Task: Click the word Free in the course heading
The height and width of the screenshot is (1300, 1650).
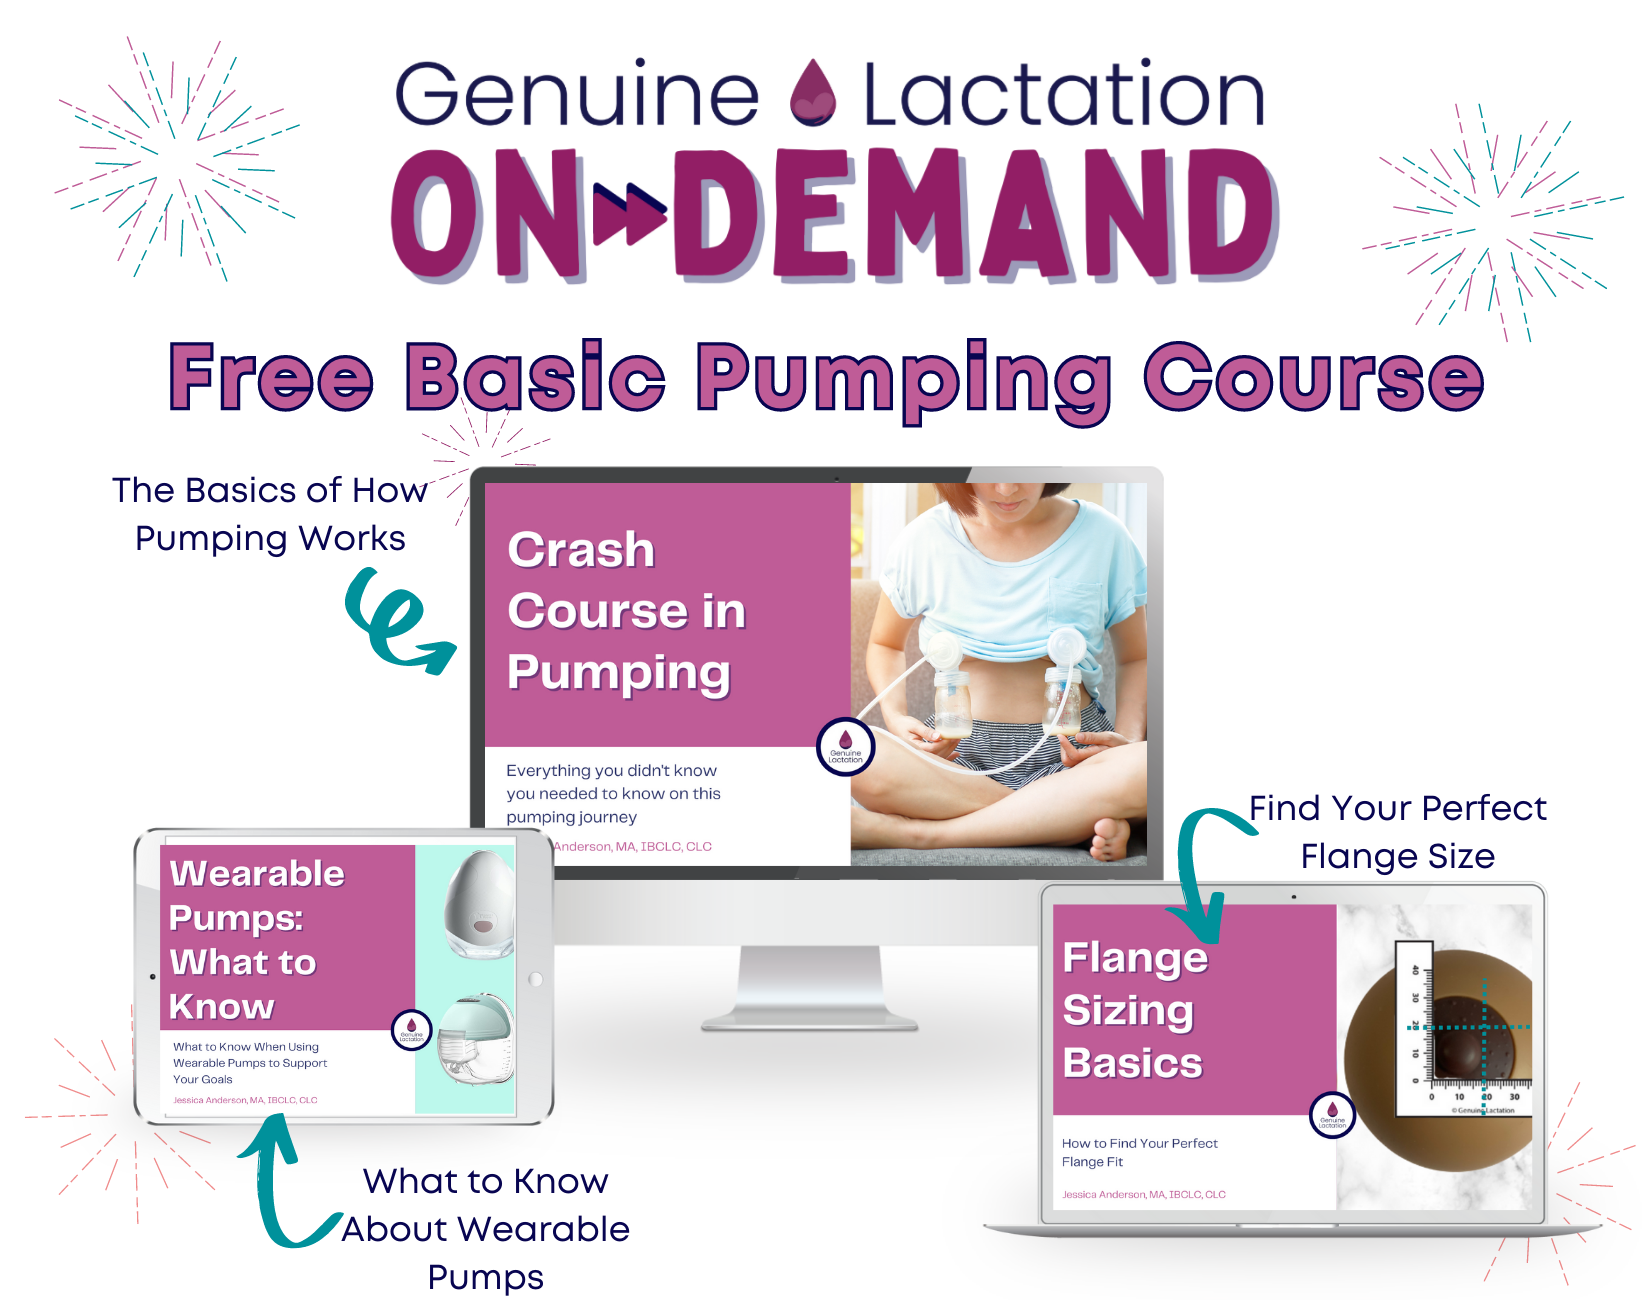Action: (271, 378)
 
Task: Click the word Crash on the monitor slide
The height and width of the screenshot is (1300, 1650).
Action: (581, 550)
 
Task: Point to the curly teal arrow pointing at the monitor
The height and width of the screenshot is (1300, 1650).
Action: (395, 620)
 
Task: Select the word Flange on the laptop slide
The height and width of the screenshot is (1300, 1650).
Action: (1135, 958)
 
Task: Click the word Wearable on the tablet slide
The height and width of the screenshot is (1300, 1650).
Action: (257, 873)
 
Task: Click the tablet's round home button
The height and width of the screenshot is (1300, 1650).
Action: (536, 980)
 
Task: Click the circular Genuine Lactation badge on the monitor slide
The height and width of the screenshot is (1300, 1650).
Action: (845, 747)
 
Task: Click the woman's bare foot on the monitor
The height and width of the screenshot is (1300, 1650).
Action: (1110, 838)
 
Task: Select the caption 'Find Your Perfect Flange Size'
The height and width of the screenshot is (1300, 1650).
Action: (1397, 832)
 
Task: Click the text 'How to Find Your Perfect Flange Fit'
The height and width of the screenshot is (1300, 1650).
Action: (1139, 1152)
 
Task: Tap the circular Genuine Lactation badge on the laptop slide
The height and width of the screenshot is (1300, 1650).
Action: (1332, 1114)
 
